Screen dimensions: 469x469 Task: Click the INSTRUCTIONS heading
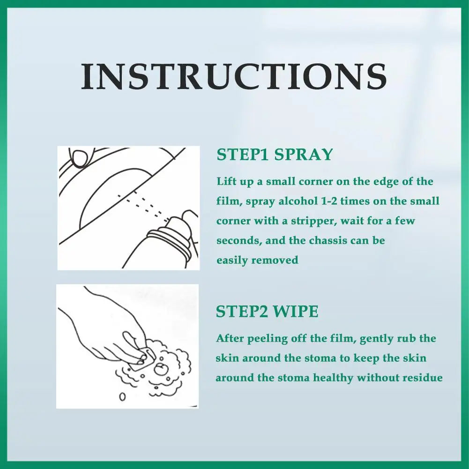click(x=234, y=76)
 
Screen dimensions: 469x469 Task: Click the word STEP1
click(x=243, y=155)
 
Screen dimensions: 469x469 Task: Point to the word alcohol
click(x=298, y=201)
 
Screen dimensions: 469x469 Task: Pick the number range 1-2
click(x=330, y=201)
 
